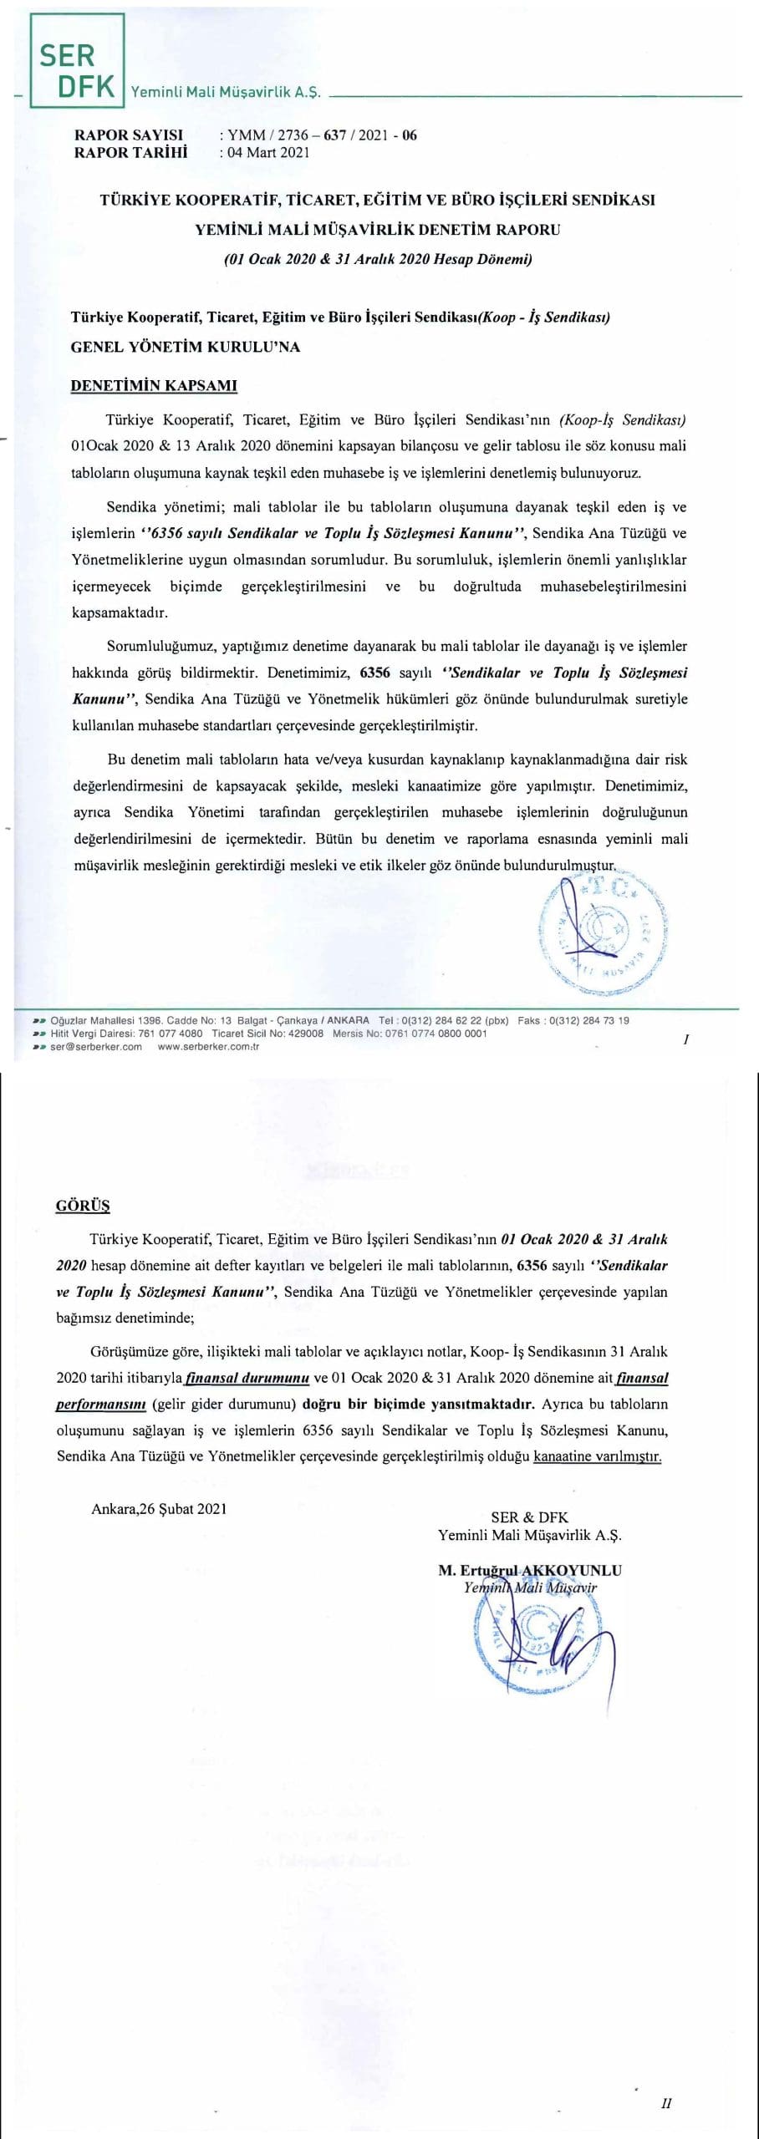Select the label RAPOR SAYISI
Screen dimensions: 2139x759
click(x=129, y=135)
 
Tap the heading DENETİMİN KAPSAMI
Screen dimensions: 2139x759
click(x=154, y=386)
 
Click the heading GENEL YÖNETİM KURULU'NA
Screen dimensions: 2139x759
click(x=186, y=347)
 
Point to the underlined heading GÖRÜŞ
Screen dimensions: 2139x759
click(x=83, y=1206)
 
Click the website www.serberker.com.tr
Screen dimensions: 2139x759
click(x=208, y=1047)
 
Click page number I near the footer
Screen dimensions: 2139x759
click(x=685, y=1039)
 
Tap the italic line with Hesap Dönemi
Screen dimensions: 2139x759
click(x=378, y=258)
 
